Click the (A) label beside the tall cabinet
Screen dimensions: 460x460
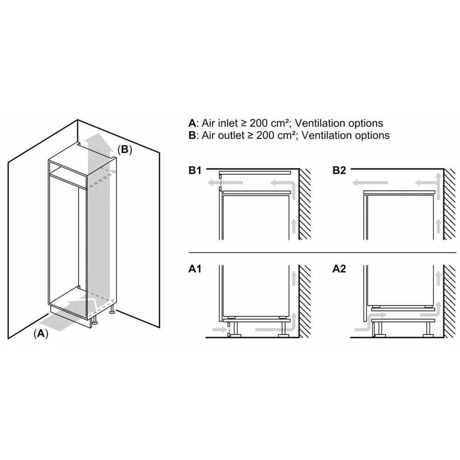41,333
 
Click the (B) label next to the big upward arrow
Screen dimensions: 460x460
124,150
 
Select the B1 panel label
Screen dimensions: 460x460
195,171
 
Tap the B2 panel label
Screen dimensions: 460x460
339,171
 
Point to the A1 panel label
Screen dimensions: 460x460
195,270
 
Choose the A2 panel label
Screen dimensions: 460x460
339,270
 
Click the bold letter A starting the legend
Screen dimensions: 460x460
192,123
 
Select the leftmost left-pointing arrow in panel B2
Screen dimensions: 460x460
364,183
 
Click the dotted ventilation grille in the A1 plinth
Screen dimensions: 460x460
228,330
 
